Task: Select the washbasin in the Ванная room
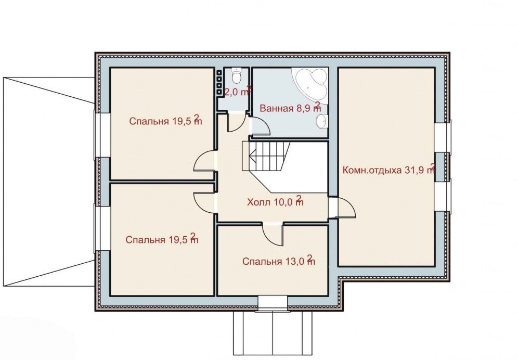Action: pos(321,121)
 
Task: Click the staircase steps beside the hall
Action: pos(266,156)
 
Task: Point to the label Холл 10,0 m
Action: pos(275,201)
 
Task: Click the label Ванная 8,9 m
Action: pos(290,108)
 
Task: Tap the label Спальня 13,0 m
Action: pos(279,261)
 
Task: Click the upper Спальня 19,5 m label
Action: pos(165,120)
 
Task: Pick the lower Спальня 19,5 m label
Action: pos(162,239)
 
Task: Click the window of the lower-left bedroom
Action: pos(98,228)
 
